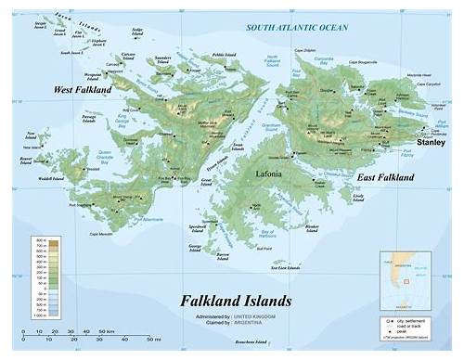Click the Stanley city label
pos(431,144)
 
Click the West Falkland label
pos(82,89)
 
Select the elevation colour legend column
pos(41,279)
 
